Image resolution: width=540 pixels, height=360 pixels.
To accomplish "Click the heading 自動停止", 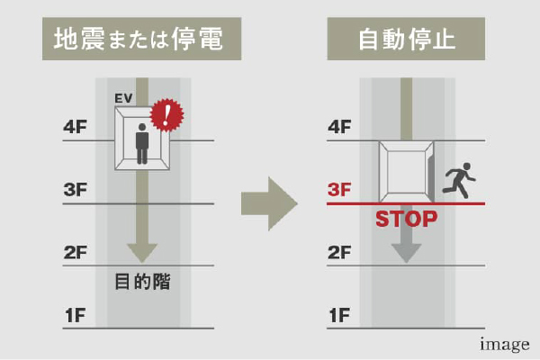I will pos(406,39).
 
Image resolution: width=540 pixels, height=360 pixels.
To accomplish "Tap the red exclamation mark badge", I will pos(166,115).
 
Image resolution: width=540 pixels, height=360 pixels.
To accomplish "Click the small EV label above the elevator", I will pos(123,97).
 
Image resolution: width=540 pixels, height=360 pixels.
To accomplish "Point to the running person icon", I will pos(459,179).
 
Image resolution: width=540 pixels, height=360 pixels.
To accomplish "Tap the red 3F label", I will pos(338,190).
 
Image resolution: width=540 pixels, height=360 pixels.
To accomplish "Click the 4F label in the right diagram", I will pos(338,127).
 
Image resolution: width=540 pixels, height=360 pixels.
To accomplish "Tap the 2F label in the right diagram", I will pos(338,252).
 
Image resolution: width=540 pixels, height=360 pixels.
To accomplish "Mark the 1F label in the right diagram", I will pos(338,315).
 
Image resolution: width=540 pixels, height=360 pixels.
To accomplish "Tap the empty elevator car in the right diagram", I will pos(406,171).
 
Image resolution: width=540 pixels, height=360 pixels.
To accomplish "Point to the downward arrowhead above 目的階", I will pos(142,252).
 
